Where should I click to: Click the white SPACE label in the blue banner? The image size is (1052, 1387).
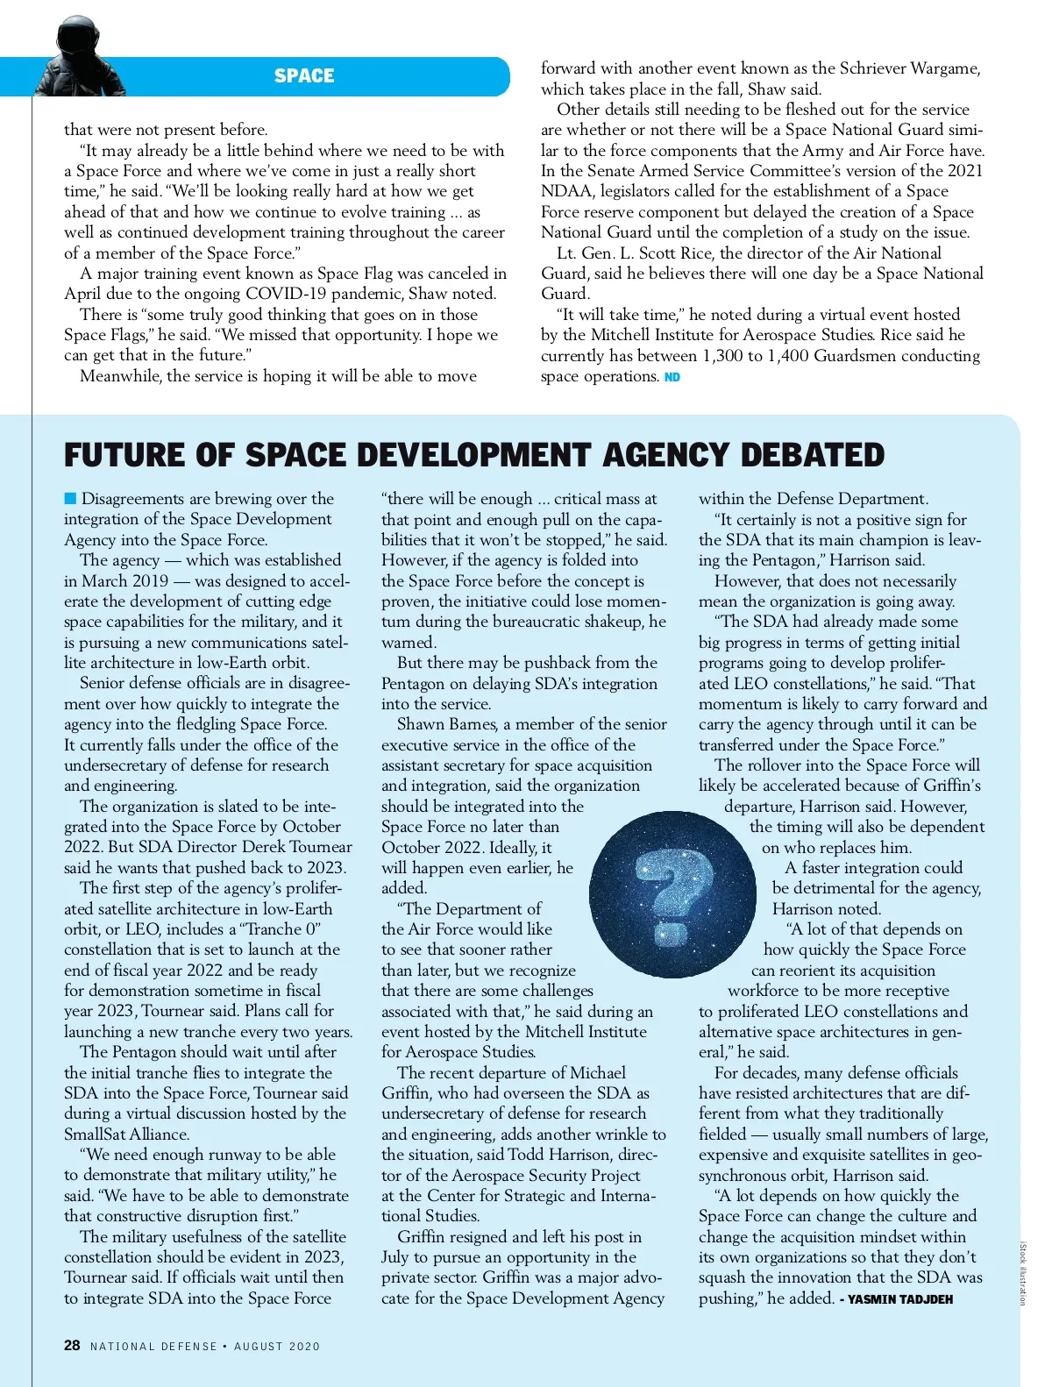303,76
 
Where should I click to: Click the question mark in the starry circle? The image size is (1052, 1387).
672,893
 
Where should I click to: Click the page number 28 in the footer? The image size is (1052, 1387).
72,1345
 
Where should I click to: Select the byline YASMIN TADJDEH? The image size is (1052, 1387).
899,1299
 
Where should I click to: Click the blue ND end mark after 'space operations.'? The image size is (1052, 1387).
672,377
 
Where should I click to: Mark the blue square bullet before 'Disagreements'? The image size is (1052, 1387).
70,499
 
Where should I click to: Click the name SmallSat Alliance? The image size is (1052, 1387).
126,1134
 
